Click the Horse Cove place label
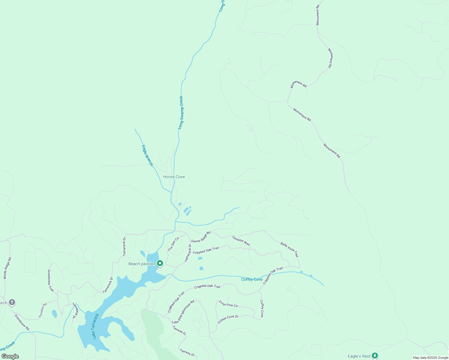174,177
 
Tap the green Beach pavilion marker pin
160,263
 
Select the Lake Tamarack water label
95,326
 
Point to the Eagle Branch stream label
147,155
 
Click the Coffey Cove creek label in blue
252,279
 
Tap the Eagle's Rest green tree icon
375,356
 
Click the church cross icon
12,302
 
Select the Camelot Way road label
241,241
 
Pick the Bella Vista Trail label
290,250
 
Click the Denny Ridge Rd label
201,237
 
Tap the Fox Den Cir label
173,244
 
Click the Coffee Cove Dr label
228,319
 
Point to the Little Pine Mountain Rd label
183,312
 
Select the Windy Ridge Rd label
8,268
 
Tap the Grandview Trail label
51,280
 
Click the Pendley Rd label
43,310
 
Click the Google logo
10,356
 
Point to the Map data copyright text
430,358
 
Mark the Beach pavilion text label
142,264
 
